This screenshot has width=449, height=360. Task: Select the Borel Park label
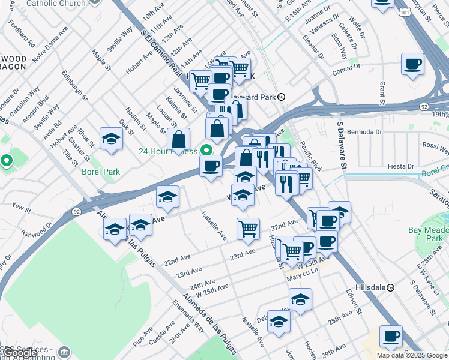101,172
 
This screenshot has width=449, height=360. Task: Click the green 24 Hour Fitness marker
207,151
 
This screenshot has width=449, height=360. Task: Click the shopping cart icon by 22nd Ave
248,228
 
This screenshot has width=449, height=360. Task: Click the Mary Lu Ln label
301,277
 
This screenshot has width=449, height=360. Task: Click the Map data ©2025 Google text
412,355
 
